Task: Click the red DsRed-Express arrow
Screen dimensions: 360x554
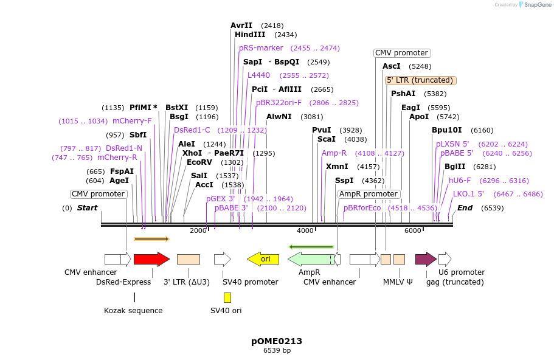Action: click(151, 259)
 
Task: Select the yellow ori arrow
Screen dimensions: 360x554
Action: click(263, 259)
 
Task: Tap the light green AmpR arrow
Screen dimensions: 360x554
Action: click(310, 259)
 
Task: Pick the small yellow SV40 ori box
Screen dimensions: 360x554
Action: click(227, 297)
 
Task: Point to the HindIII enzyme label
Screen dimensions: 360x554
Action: click(250, 35)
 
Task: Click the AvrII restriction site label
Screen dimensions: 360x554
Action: click(241, 26)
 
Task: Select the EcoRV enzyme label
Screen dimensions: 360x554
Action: click(199, 162)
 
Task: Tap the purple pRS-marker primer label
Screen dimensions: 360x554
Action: click(261, 48)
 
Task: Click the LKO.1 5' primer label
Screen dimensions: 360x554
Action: click(468, 194)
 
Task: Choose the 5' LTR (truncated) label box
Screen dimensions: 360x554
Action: click(421, 80)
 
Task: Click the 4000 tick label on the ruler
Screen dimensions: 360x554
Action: click(305, 230)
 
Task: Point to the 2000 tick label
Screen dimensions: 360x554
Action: click(198, 230)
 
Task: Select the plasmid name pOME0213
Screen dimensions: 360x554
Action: click(277, 341)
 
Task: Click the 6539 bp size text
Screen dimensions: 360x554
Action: click(277, 351)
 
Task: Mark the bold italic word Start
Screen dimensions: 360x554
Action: click(87, 208)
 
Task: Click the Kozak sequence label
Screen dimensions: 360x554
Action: click(133, 311)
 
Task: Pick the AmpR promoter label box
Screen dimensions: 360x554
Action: click(369, 194)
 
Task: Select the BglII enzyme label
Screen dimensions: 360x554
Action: click(454, 167)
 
